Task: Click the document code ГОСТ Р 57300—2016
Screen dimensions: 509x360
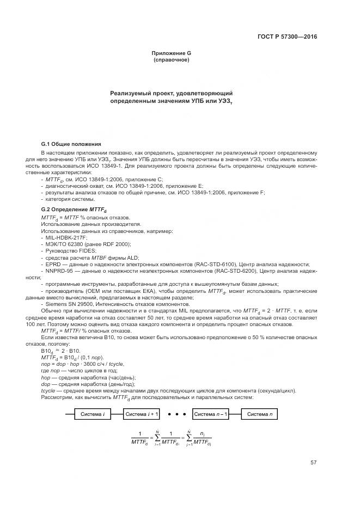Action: pyautogui.click(x=287, y=37)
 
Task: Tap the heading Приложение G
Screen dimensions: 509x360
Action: pyautogui.click(x=172, y=53)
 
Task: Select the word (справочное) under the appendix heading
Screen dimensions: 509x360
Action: pyautogui.click(x=172, y=59)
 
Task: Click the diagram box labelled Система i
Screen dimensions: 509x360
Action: pyautogui.click(x=92, y=414)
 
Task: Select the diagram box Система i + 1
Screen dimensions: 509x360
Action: pyautogui.click(x=142, y=414)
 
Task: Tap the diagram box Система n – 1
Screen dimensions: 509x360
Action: pyautogui.click(x=210, y=414)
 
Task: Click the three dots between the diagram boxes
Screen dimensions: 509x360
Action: pyautogui.click(x=176, y=414)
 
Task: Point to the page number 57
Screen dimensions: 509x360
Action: pyautogui.click(x=313, y=463)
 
